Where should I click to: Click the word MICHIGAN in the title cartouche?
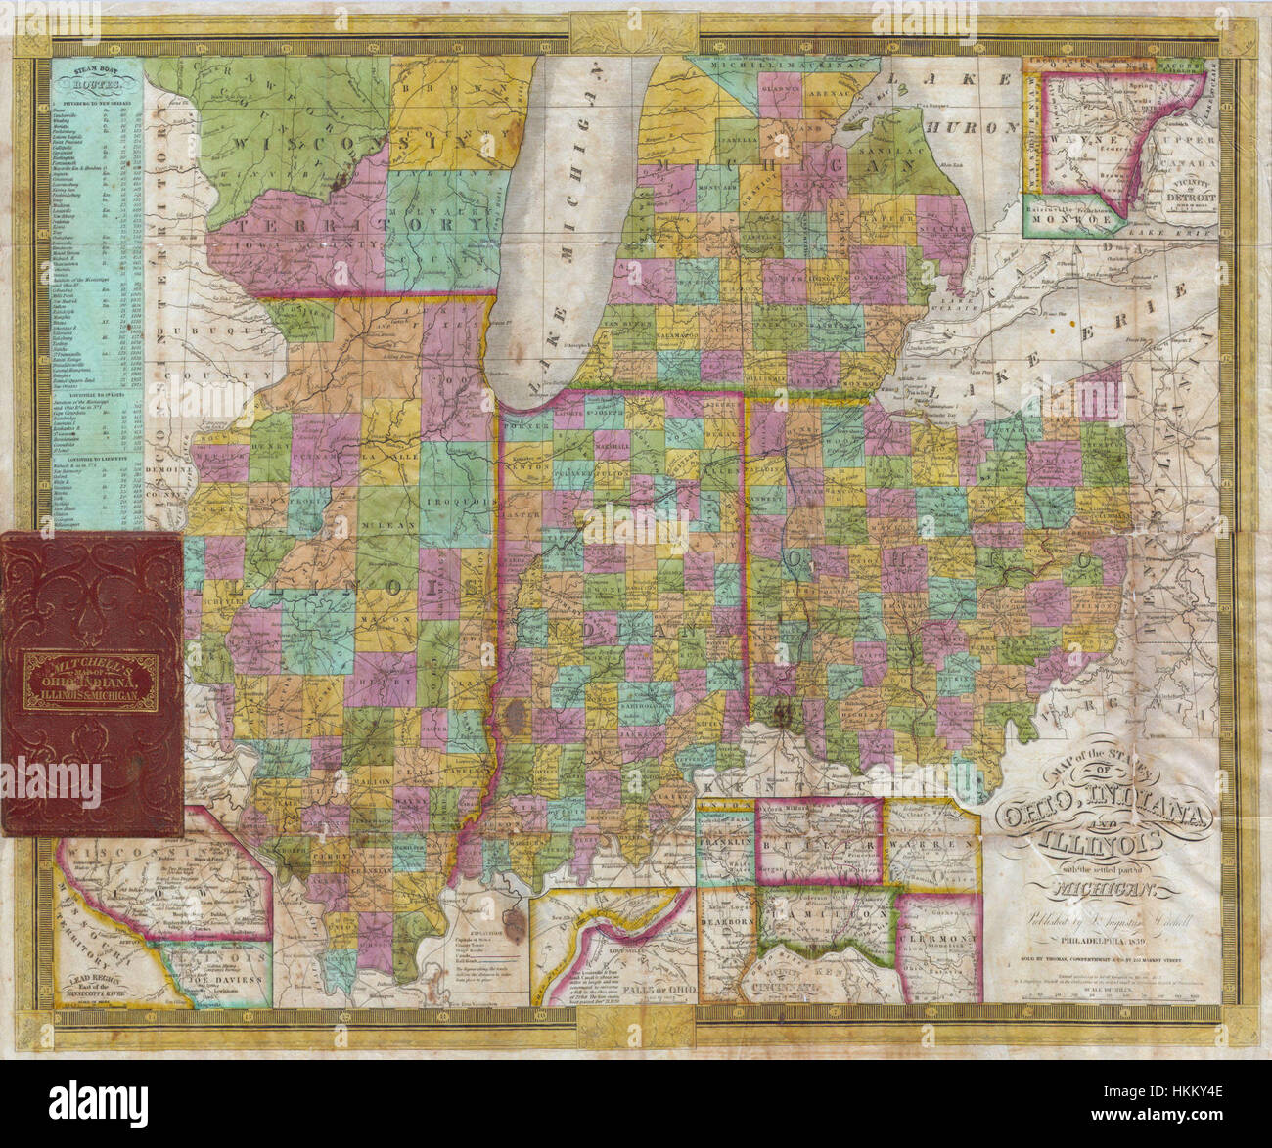(x=1103, y=890)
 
